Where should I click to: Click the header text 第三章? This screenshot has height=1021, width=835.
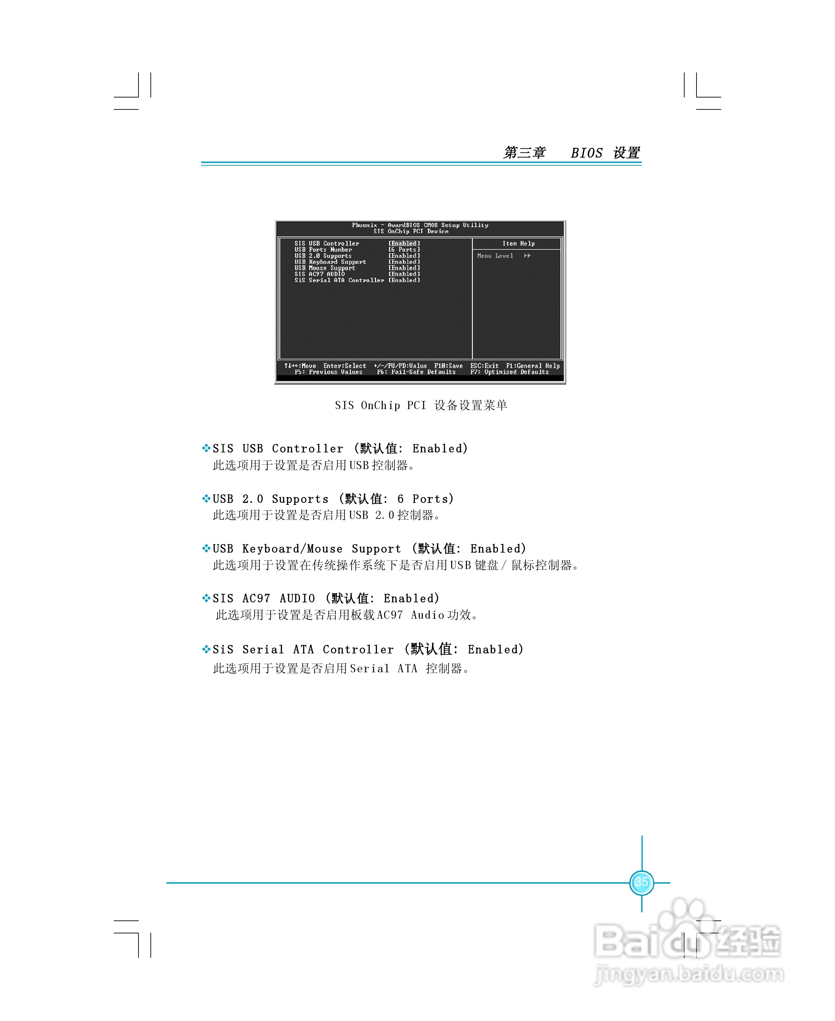(524, 153)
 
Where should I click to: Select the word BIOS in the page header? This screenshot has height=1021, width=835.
(586, 153)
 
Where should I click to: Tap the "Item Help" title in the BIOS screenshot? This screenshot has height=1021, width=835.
(518, 244)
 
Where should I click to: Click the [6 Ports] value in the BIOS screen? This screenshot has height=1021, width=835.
(404, 250)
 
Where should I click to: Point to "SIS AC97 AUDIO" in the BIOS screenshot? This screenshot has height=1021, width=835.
(319, 274)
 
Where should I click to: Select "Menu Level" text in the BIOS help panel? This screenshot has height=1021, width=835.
(495, 256)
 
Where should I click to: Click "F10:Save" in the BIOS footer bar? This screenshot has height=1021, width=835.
(448, 366)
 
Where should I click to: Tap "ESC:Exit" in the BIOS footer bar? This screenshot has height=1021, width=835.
(484, 366)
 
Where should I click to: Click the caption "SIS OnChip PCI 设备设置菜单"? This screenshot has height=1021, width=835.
(421, 405)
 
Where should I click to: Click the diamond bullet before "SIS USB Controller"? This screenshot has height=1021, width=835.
(206, 449)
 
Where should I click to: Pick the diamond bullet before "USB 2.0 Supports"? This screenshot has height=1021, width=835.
(206, 498)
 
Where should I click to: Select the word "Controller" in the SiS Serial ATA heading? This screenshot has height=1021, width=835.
(358, 649)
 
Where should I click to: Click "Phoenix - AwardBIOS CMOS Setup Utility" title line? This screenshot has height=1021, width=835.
(420, 225)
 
